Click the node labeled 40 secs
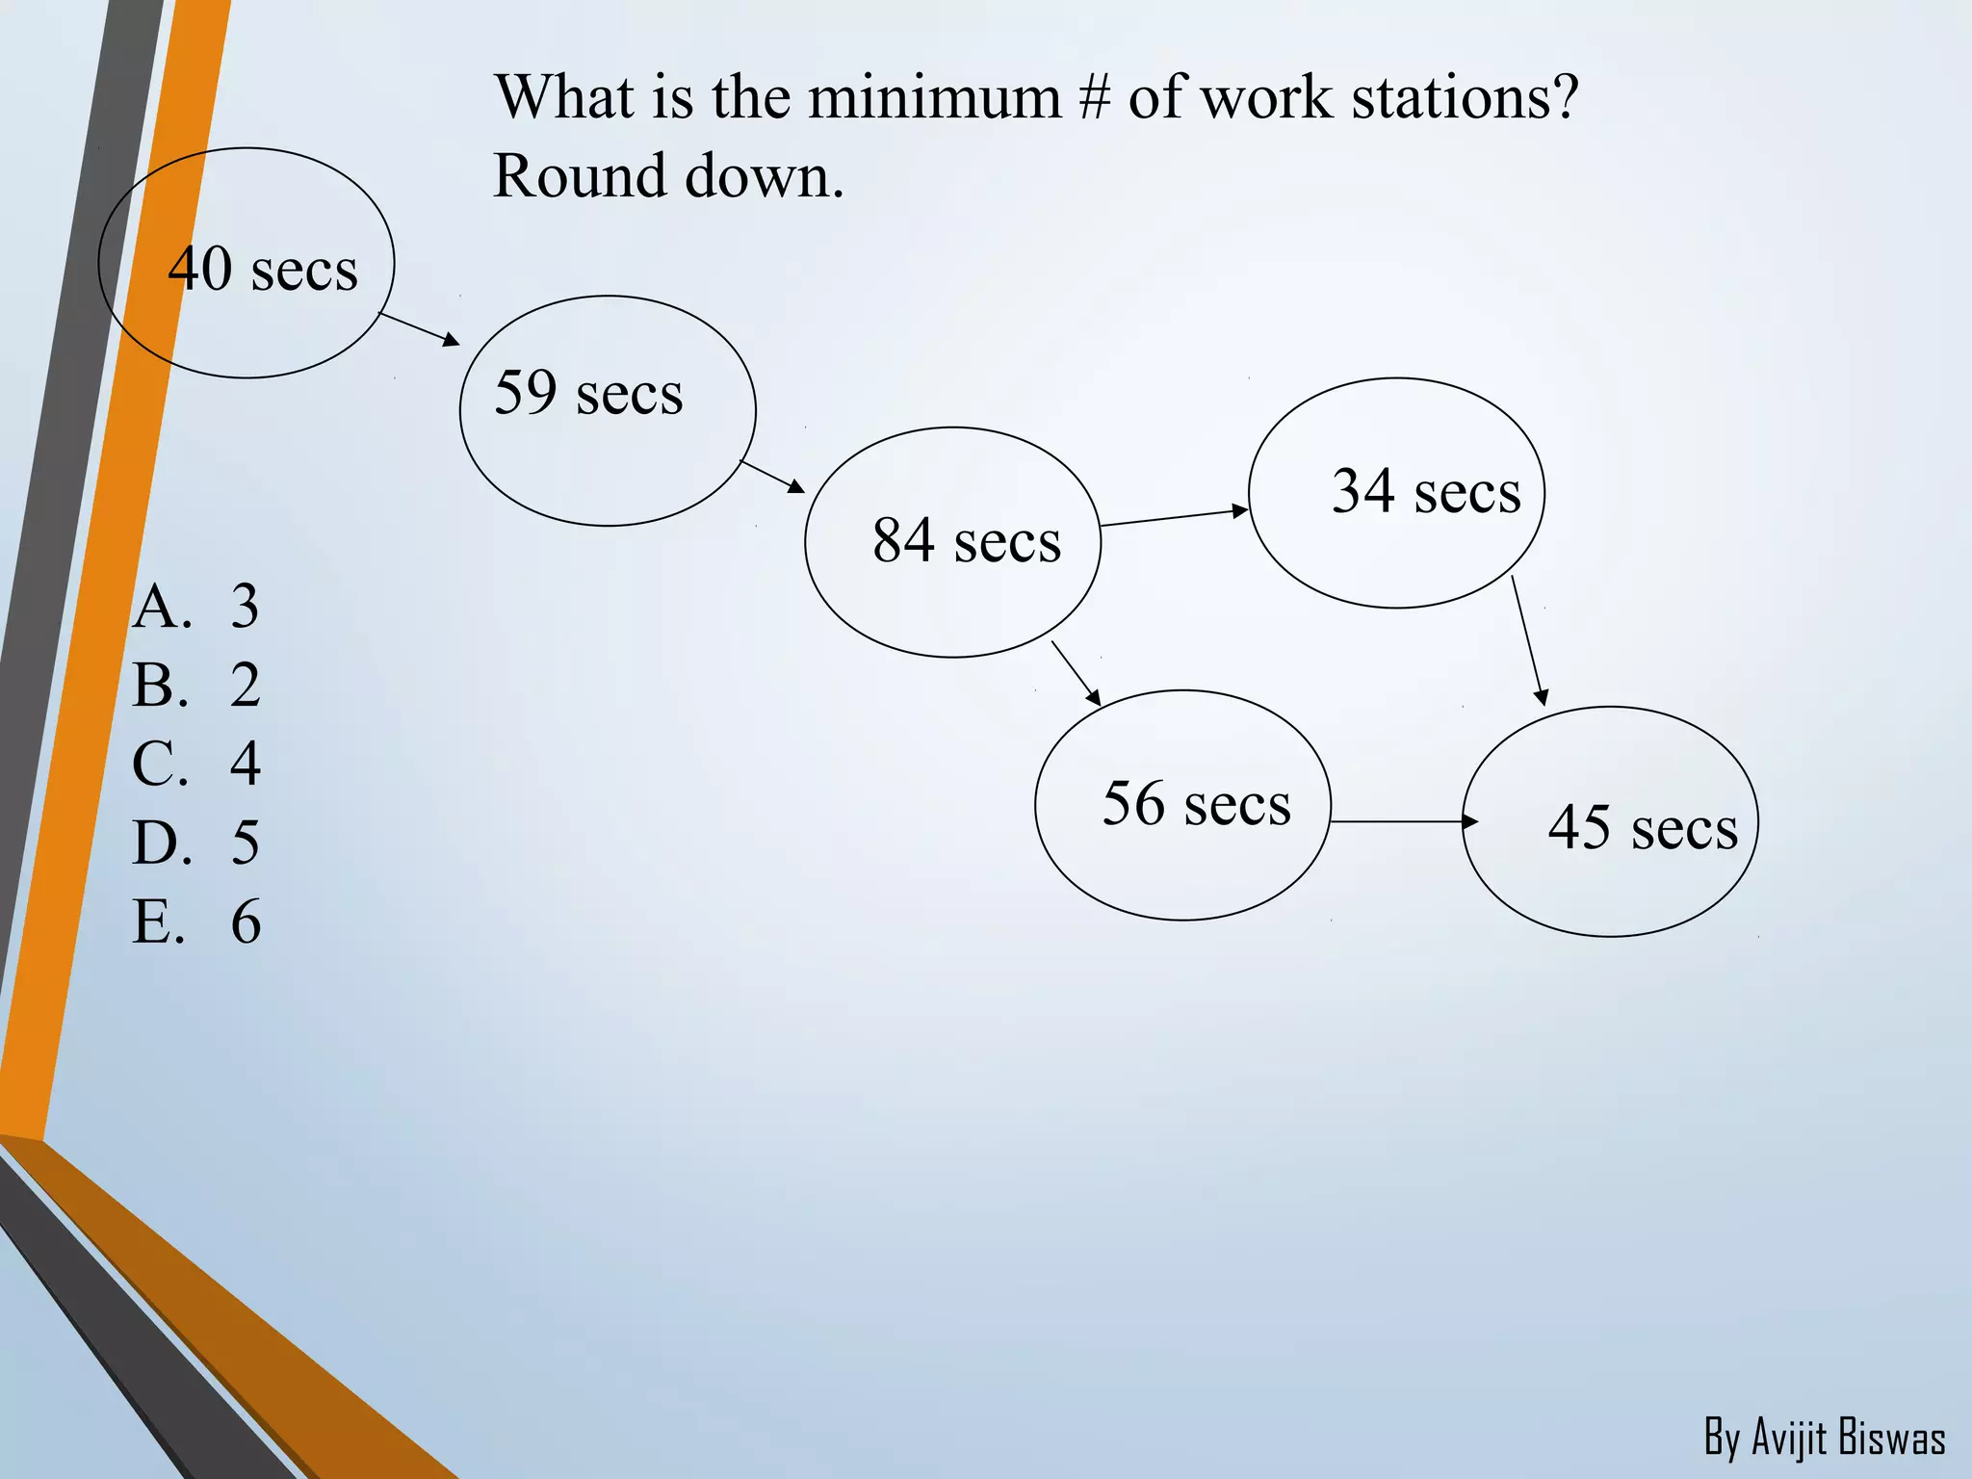(246, 263)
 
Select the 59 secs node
(608, 410)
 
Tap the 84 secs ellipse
(952, 542)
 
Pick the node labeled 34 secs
(1396, 493)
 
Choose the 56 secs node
(1182, 805)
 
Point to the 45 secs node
(1610, 821)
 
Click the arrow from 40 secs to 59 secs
(419, 328)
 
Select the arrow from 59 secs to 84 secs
(771, 477)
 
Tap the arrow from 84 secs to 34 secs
(1174, 518)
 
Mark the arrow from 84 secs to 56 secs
(1076, 673)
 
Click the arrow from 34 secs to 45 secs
(1528, 640)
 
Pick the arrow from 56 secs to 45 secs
(1404, 821)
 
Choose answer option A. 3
(196, 607)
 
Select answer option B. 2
(196, 686)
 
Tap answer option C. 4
(196, 764)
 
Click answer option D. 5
(196, 843)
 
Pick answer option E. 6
(196, 921)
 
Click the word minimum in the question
(933, 97)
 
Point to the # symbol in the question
(1094, 97)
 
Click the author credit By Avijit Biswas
(1824, 1438)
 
